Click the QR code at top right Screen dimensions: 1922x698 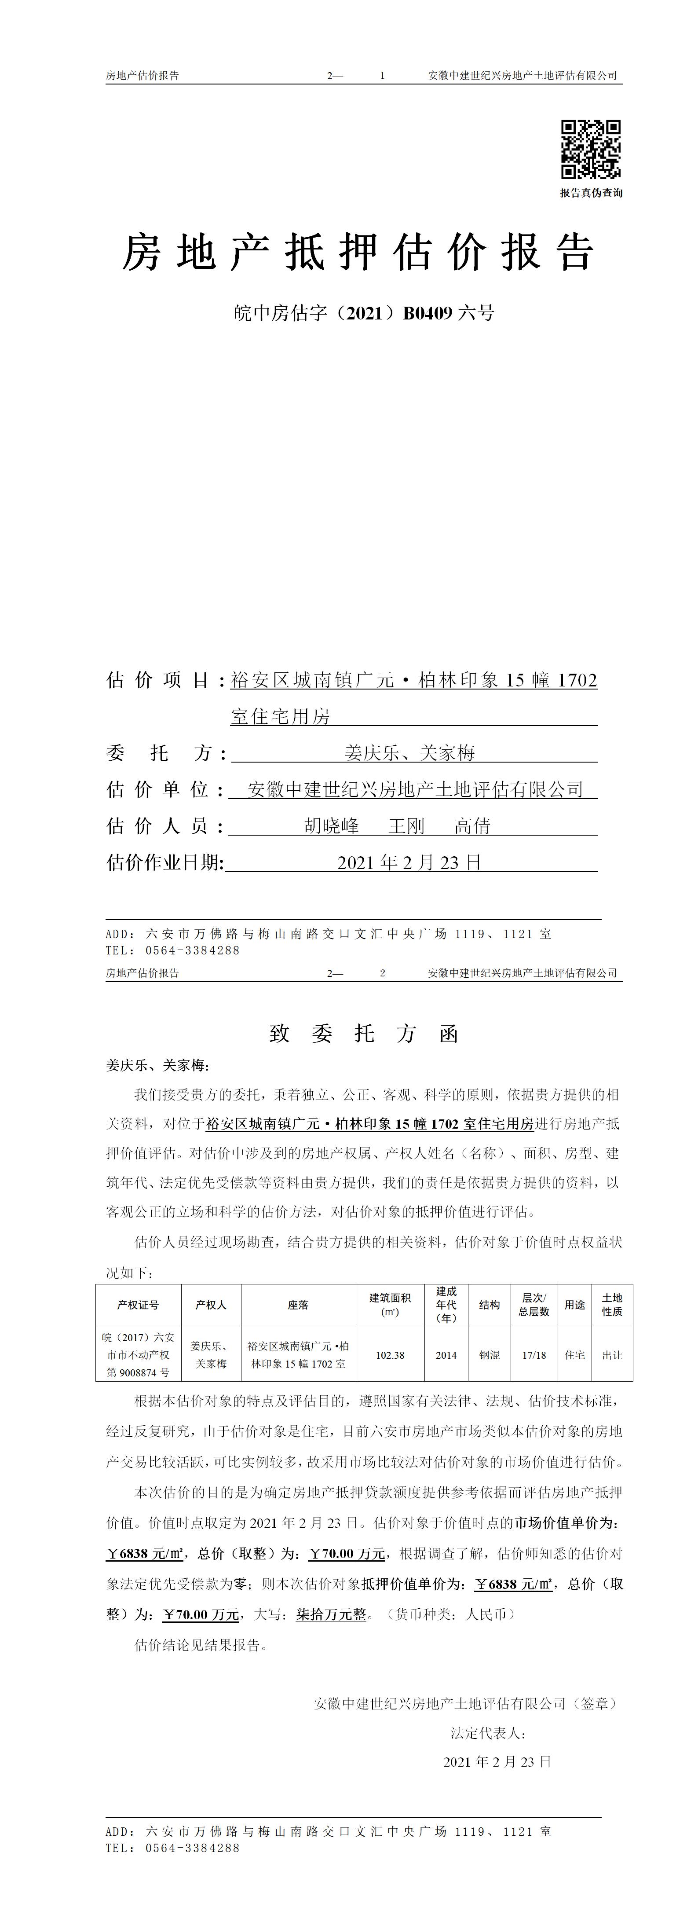pyautogui.click(x=591, y=149)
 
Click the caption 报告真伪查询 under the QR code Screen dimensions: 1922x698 pyautogui.click(x=591, y=193)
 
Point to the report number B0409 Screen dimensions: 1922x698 pyautogui.click(x=428, y=313)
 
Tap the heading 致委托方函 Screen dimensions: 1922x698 pyautogui.click(x=363, y=1033)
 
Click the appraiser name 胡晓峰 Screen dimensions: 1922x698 pyautogui.click(x=332, y=826)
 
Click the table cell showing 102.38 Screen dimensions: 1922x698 pyautogui.click(x=390, y=1355)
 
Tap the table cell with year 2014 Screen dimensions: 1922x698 pyautogui.click(x=446, y=1355)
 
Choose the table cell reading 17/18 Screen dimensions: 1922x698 pyautogui.click(x=534, y=1355)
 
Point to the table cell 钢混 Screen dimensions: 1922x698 pyautogui.click(x=489, y=1355)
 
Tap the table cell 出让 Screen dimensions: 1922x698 pyautogui.click(x=612, y=1355)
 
